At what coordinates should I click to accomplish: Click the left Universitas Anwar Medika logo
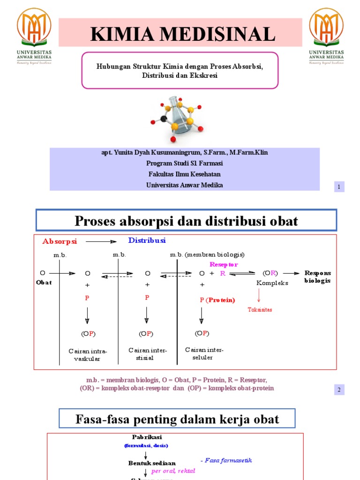point(34,35)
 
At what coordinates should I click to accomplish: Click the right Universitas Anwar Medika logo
point(326,35)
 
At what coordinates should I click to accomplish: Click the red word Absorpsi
point(60,241)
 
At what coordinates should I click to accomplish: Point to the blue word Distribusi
point(147,240)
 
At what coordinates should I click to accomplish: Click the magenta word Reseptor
point(224,265)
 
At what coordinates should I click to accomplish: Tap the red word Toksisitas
point(260,310)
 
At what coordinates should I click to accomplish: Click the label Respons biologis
point(317,277)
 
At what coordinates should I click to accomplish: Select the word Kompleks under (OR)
point(272,283)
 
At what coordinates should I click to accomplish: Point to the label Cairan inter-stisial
point(148,354)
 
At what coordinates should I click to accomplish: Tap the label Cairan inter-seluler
point(204,353)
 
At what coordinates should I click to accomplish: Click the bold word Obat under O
point(44,282)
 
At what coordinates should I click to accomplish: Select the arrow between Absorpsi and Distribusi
point(101,242)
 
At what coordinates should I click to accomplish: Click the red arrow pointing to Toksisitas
point(259,296)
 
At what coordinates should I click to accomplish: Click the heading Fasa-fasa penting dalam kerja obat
point(177,419)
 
